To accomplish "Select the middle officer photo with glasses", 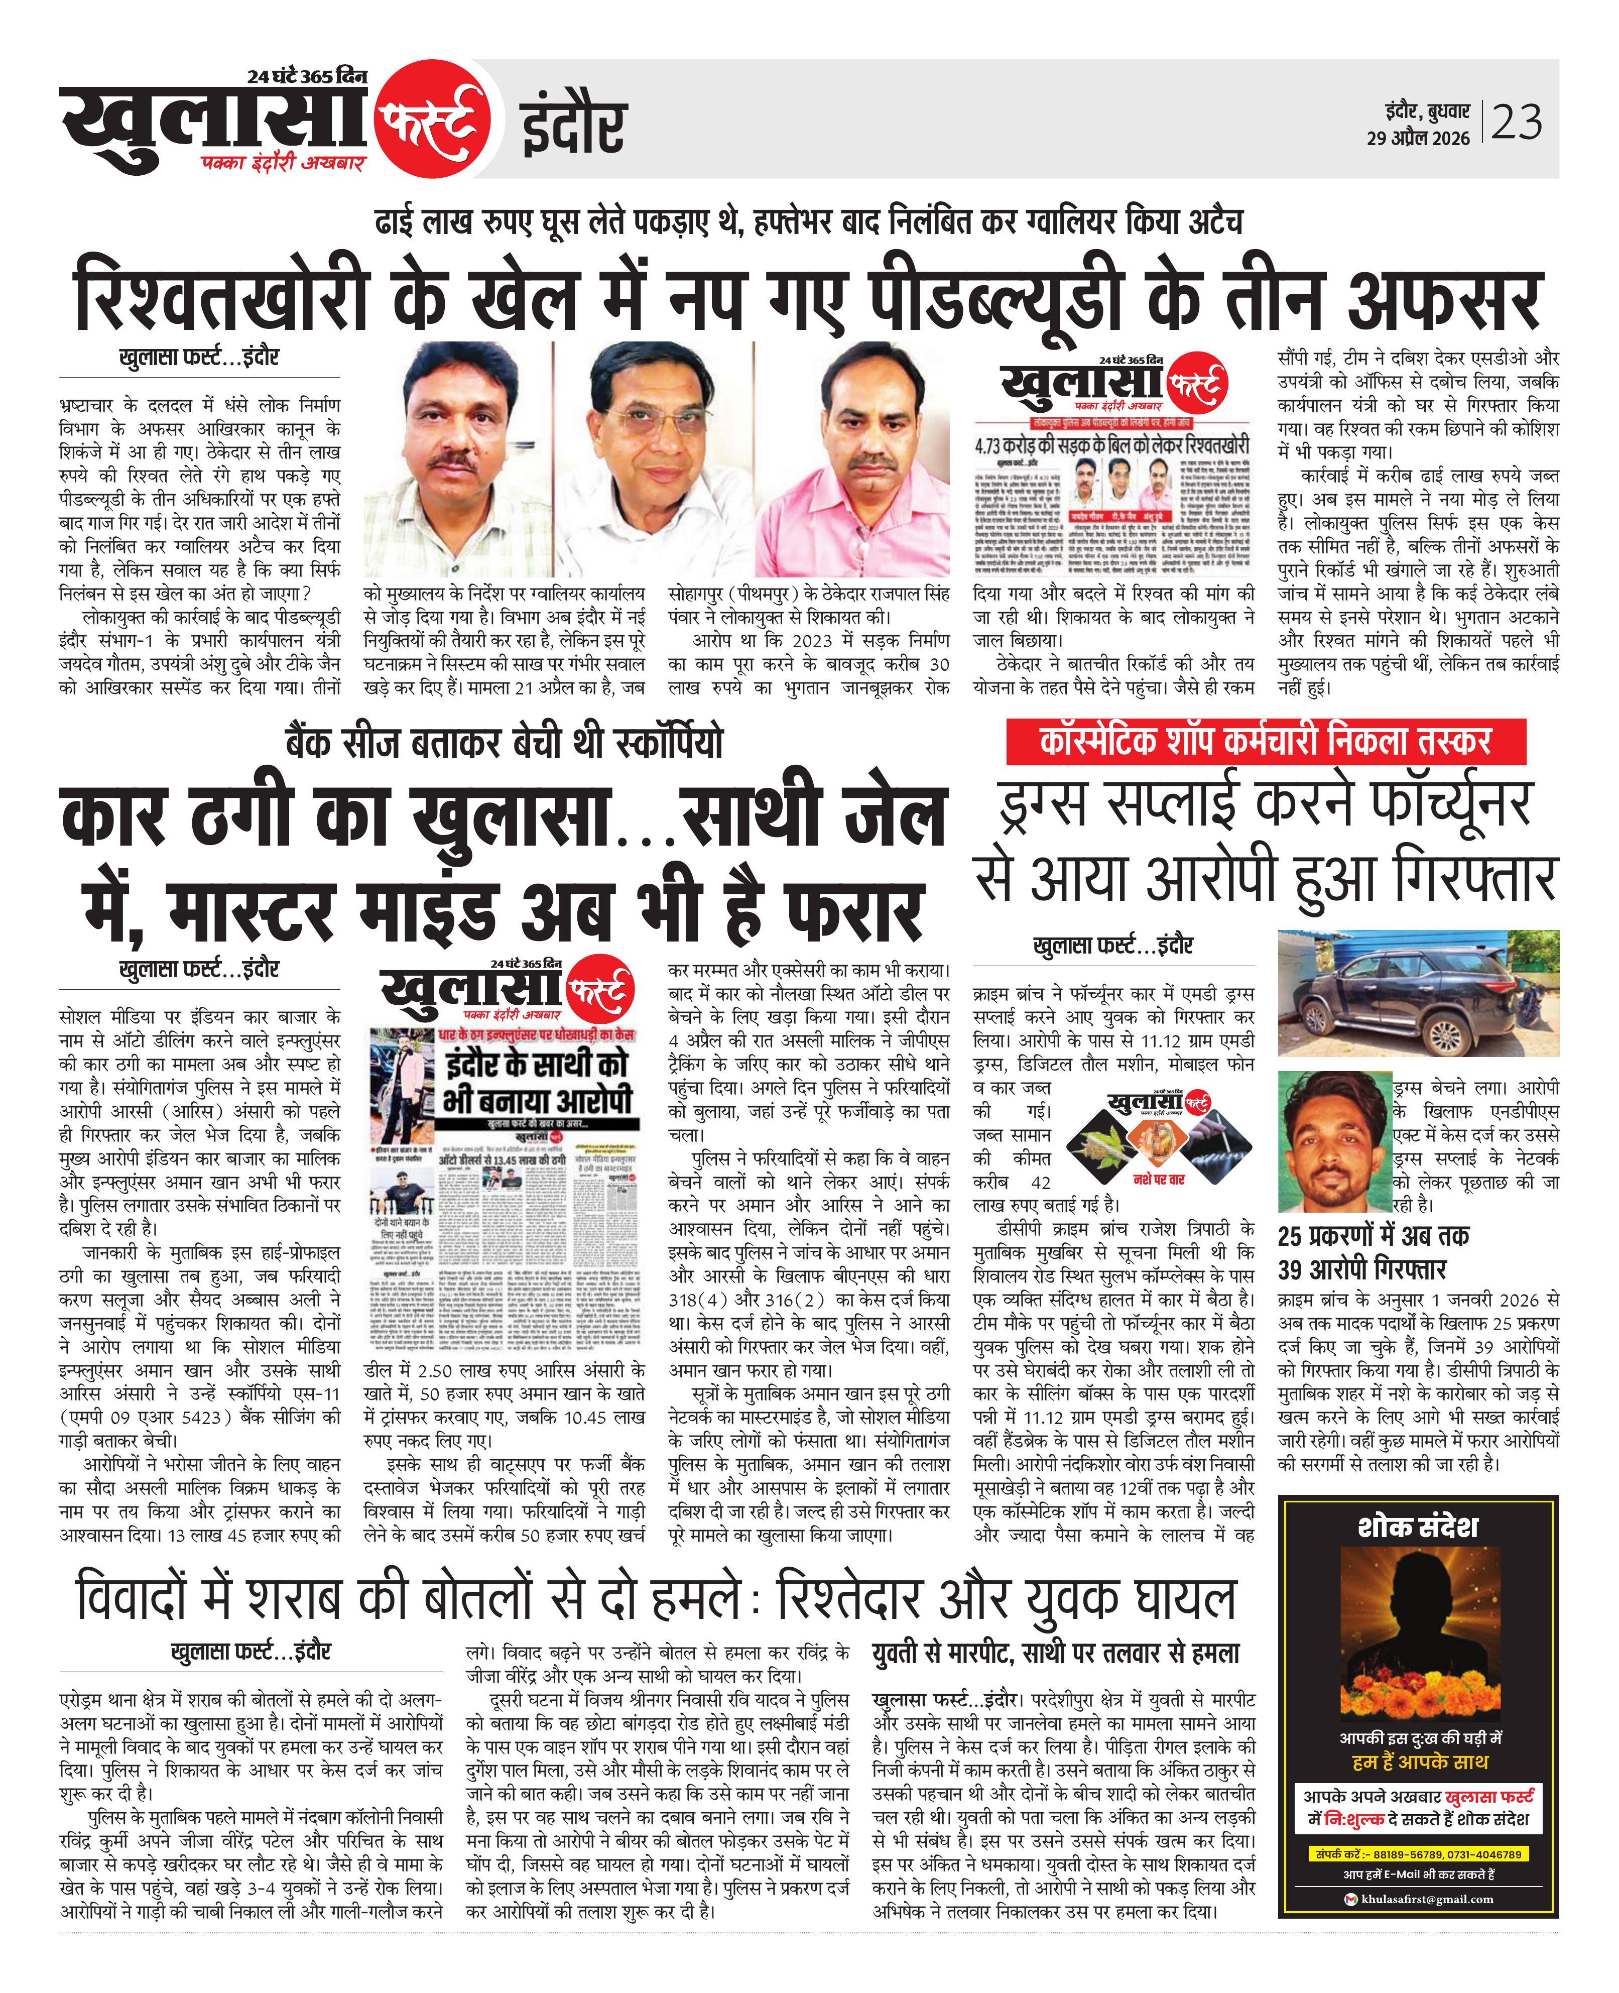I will (x=653, y=457).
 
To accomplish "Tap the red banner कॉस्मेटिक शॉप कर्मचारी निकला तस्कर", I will (x=1266, y=742).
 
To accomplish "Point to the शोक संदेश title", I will (x=1418, y=1527).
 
